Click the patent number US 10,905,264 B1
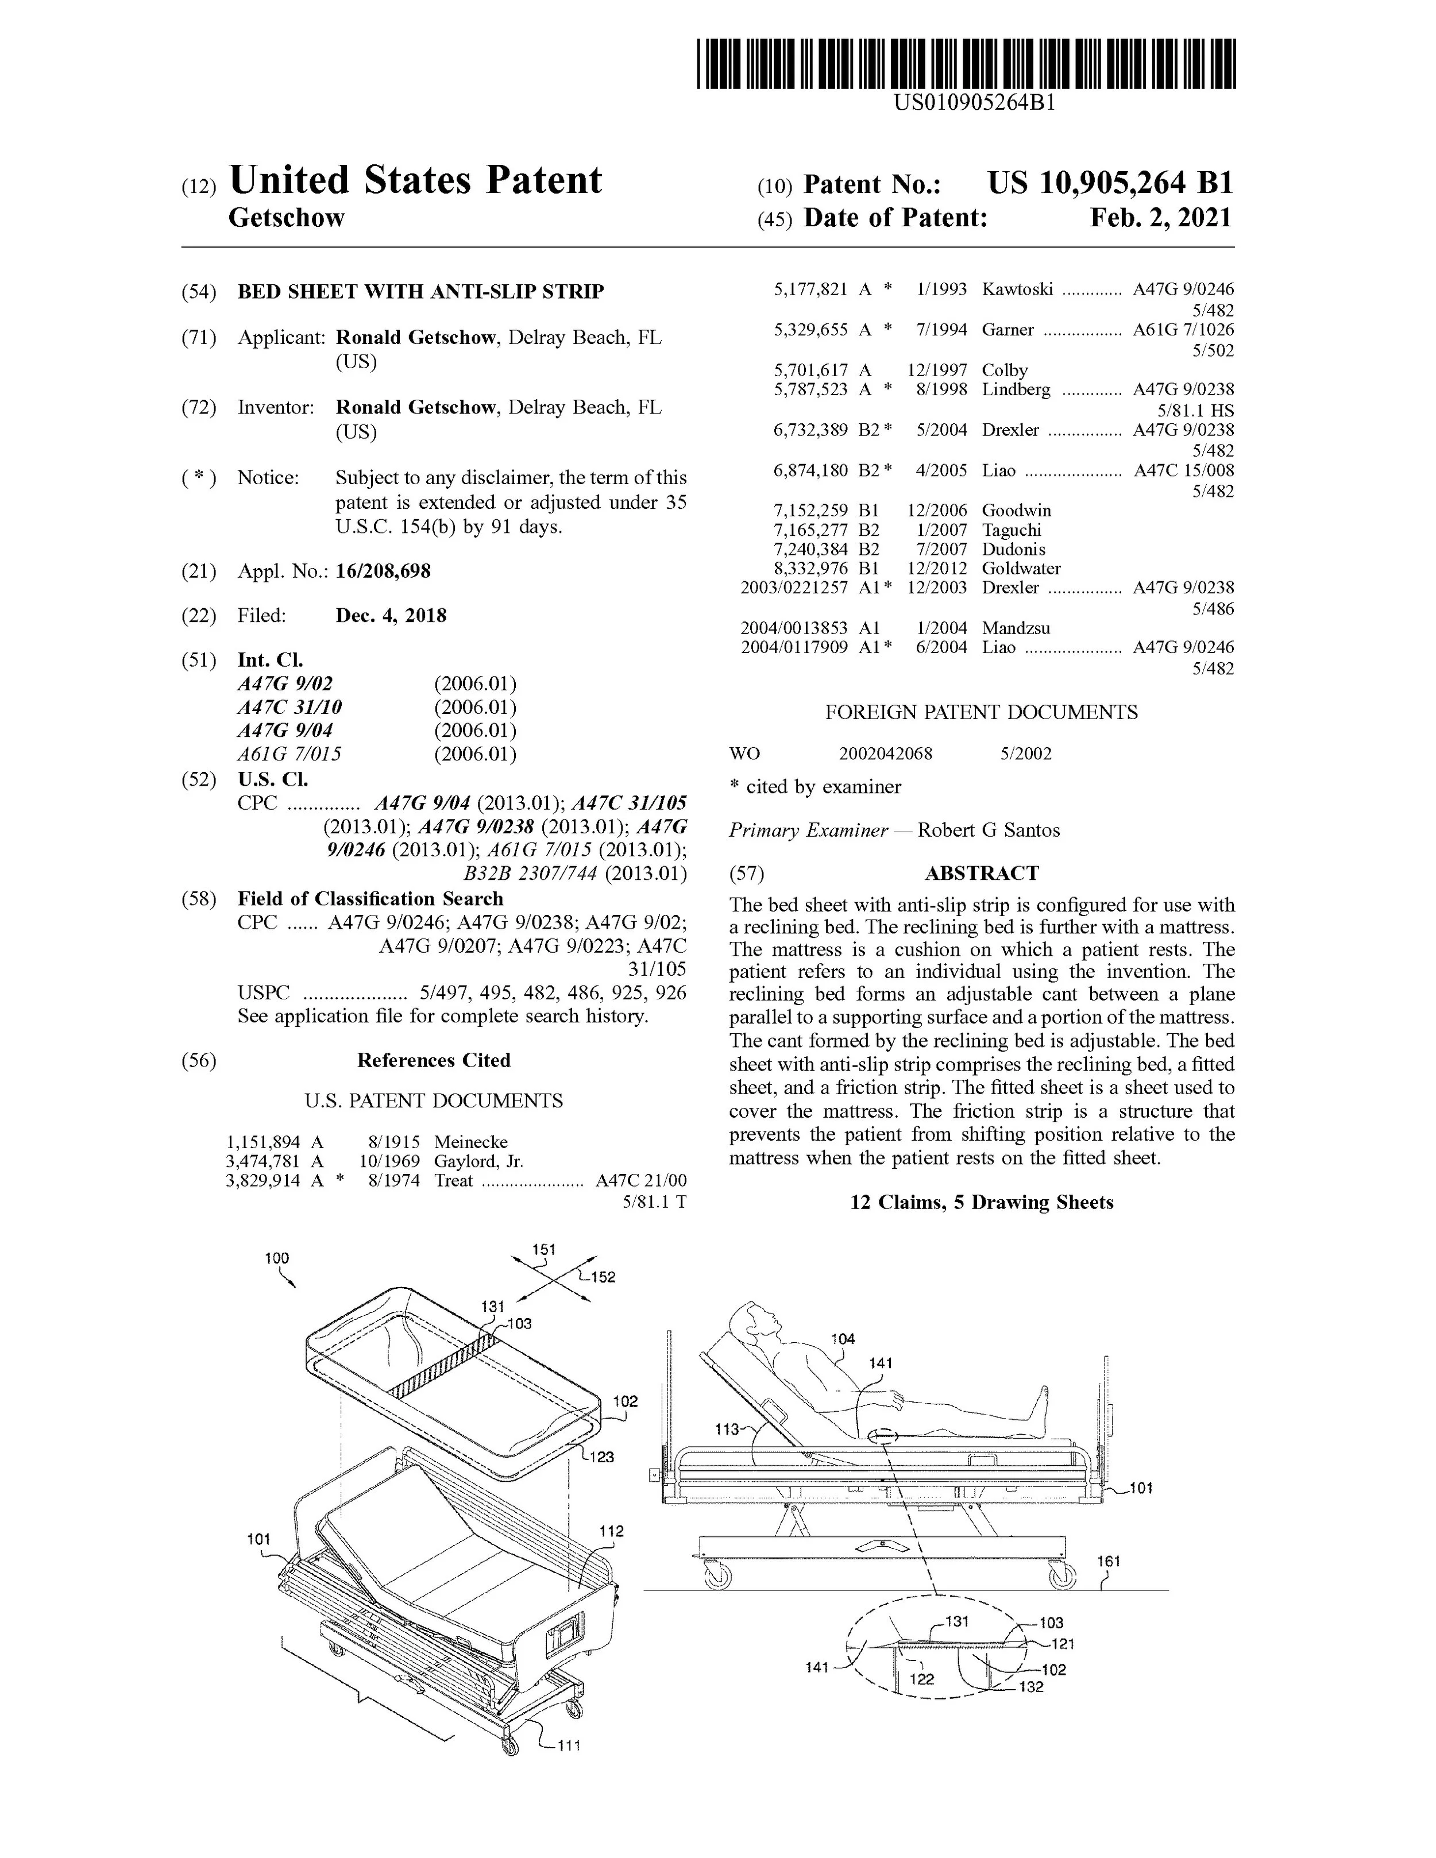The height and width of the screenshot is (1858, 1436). (1109, 183)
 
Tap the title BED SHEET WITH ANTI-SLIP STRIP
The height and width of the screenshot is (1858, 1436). (420, 292)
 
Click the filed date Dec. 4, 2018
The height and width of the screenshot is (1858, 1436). (391, 615)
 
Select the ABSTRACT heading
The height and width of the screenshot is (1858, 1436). (982, 874)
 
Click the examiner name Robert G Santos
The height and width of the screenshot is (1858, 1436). (989, 831)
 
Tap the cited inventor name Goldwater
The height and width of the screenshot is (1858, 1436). (1021, 568)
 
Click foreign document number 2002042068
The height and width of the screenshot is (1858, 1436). (885, 754)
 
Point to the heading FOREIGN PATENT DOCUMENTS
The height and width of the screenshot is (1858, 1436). (981, 712)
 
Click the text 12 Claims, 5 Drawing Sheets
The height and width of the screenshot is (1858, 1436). (982, 1202)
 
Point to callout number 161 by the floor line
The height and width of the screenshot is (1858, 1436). (1109, 1561)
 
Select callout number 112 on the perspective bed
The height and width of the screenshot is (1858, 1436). (612, 1531)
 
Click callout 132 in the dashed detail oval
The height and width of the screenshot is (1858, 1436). (1030, 1686)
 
